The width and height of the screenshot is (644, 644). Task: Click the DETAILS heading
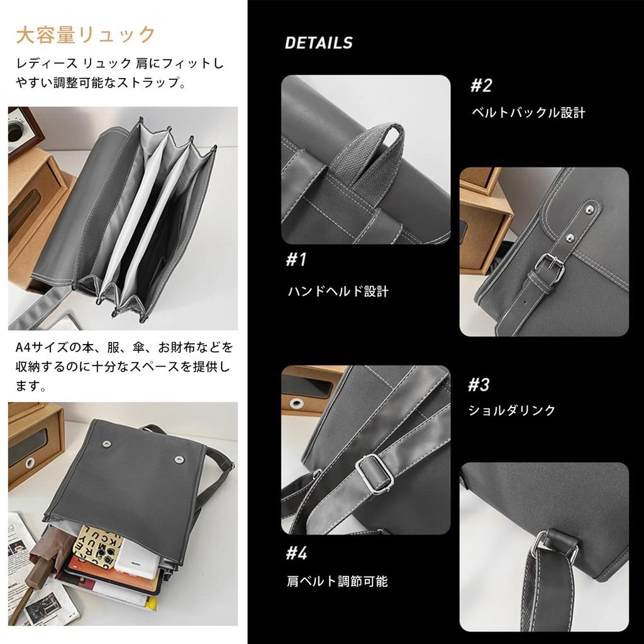(x=318, y=43)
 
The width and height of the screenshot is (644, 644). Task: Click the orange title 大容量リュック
(x=86, y=35)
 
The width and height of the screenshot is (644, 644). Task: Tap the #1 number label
(x=296, y=260)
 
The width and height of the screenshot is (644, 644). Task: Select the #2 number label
(x=481, y=86)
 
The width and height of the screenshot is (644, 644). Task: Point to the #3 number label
(x=479, y=384)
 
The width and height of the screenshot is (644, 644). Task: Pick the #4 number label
(x=296, y=553)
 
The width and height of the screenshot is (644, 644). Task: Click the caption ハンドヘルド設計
(x=338, y=291)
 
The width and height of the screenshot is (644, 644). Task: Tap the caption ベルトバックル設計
(x=528, y=113)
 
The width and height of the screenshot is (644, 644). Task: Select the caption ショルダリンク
(x=512, y=410)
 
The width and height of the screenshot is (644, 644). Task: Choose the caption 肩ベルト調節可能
(x=337, y=581)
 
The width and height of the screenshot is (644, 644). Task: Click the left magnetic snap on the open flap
(x=105, y=443)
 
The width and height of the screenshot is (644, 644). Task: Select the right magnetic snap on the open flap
(x=179, y=459)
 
